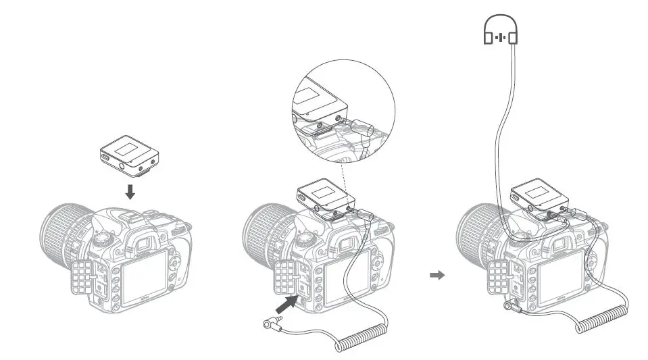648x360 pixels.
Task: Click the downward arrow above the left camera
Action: click(x=130, y=191)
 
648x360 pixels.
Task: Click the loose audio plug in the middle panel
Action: click(x=274, y=325)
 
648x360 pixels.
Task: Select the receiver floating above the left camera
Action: click(x=130, y=156)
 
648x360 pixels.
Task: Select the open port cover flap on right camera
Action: click(x=499, y=278)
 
